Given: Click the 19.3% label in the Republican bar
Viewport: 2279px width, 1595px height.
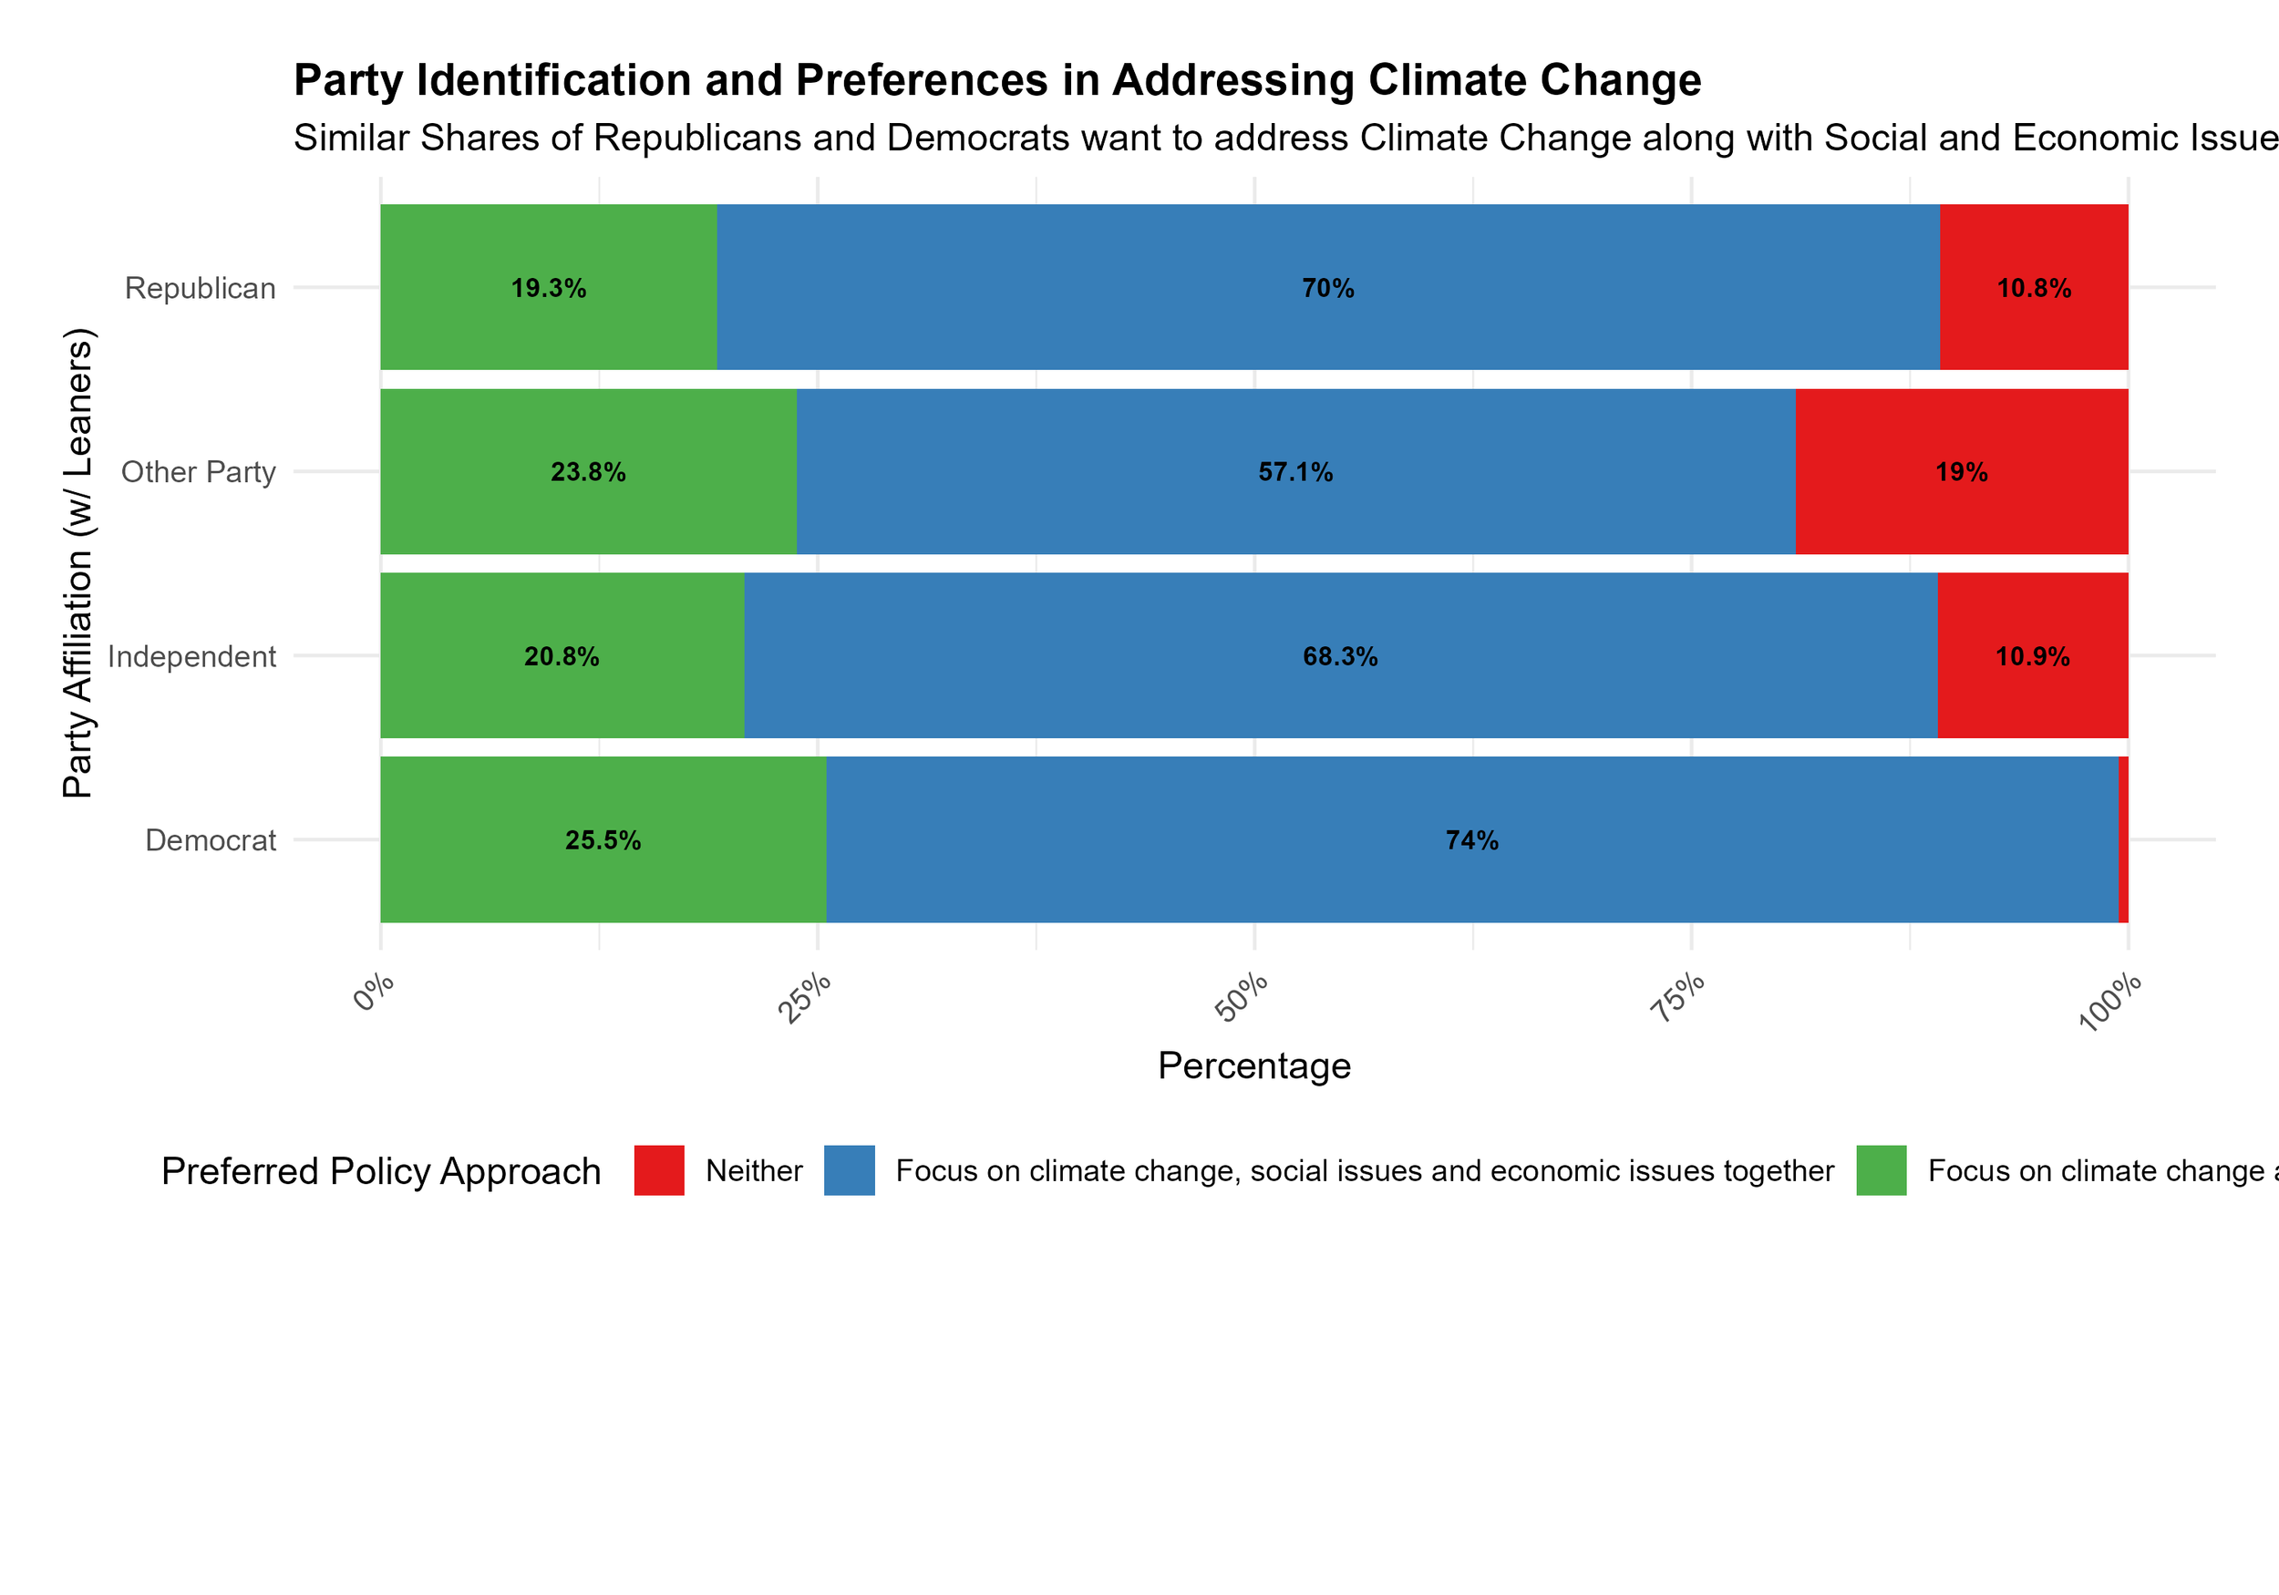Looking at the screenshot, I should tap(548, 289).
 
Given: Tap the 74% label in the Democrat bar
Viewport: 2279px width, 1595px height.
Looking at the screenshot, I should tap(1471, 840).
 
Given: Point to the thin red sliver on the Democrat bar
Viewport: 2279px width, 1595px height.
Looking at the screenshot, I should tap(2123, 839).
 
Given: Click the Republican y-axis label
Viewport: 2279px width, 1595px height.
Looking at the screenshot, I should tap(200, 289).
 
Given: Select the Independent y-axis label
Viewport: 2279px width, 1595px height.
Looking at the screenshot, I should tap(191, 657).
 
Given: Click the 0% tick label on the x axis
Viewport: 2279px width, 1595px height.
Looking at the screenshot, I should tap(374, 993).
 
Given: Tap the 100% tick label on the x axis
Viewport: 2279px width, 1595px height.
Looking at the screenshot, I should tap(2109, 1003).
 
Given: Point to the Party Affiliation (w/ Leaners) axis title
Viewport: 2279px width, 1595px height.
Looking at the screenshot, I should tap(77, 562).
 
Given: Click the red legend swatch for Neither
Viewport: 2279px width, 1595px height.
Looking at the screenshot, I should tap(659, 1170).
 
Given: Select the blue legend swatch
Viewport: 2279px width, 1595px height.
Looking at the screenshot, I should tap(849, 1170).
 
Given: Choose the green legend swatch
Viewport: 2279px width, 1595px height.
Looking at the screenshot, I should tap(1881, 1170).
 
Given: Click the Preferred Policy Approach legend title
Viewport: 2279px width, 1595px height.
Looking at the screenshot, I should tap(381, 1171).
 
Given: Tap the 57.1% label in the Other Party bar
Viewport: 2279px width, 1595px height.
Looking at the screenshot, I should tap(1295, 472).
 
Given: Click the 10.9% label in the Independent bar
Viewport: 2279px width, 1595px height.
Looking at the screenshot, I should tap(2032, 657).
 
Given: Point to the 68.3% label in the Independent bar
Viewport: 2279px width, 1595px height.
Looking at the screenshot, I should tap(1340, 657).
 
